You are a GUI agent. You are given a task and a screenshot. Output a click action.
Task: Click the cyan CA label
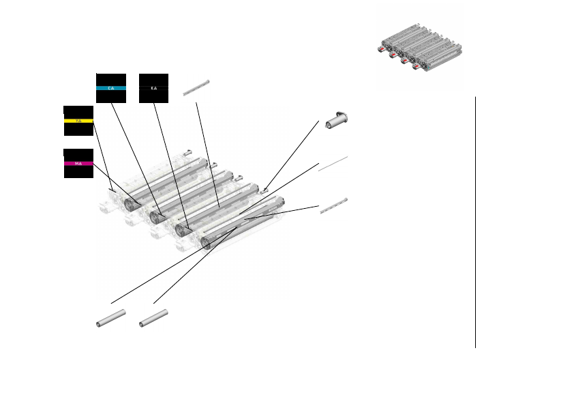111,88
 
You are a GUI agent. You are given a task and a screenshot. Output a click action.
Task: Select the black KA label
153,88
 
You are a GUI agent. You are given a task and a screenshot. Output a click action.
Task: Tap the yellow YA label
78,121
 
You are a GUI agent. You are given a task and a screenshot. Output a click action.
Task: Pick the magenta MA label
78,164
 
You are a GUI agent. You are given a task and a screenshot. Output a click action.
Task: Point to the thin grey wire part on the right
333,164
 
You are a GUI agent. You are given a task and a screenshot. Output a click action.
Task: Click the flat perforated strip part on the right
334,206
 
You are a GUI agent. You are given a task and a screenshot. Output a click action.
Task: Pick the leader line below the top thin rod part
207,154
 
